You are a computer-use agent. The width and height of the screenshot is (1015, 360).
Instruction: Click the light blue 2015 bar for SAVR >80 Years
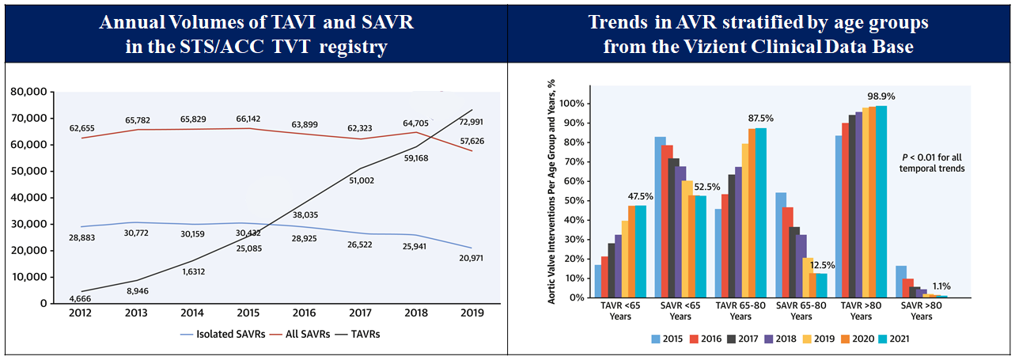click(900, 282)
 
